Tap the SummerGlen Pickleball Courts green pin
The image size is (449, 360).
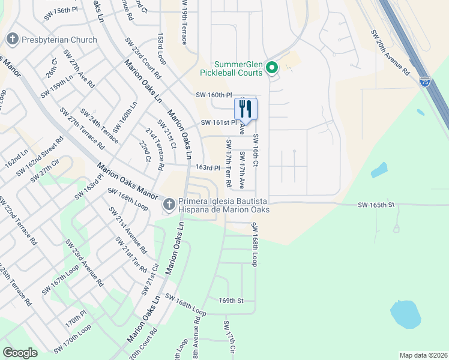coord(272,68)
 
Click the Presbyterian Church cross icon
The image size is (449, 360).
coord(12,40)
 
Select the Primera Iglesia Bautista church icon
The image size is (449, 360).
coord(169,205)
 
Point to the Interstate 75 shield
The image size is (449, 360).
coord(424,81)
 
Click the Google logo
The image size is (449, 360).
coord(20,353)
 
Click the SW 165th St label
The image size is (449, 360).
coord(376,205)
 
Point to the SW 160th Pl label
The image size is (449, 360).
coord(214,95)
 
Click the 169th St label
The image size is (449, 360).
coord(231,300)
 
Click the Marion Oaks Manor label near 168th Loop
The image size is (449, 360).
coord(127,182)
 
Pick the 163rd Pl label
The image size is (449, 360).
coord(208,168)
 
